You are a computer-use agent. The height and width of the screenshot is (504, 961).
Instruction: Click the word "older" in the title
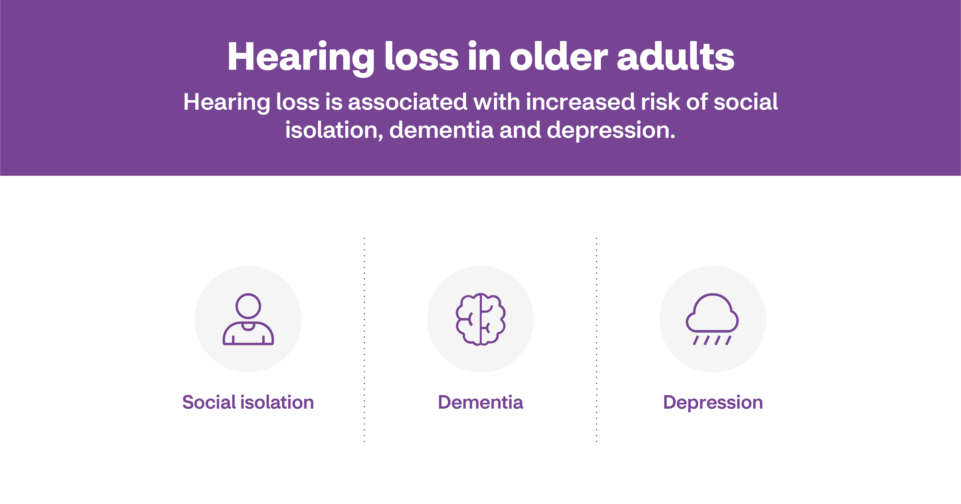point(558,57)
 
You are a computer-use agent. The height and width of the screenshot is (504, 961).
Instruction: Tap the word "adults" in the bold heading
point(676,57)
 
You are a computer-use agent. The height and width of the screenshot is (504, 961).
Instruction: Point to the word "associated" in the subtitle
point(407,102)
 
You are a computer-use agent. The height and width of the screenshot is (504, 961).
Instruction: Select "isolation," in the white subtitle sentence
point(334,130)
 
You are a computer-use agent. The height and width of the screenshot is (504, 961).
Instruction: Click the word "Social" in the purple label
point(209,402)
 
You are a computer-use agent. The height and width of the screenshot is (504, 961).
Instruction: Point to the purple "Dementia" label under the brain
point(480,402)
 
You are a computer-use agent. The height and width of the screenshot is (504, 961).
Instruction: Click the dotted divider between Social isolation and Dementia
point(364,339)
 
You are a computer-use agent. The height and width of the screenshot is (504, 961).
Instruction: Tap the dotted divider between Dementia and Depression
point(597,339)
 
